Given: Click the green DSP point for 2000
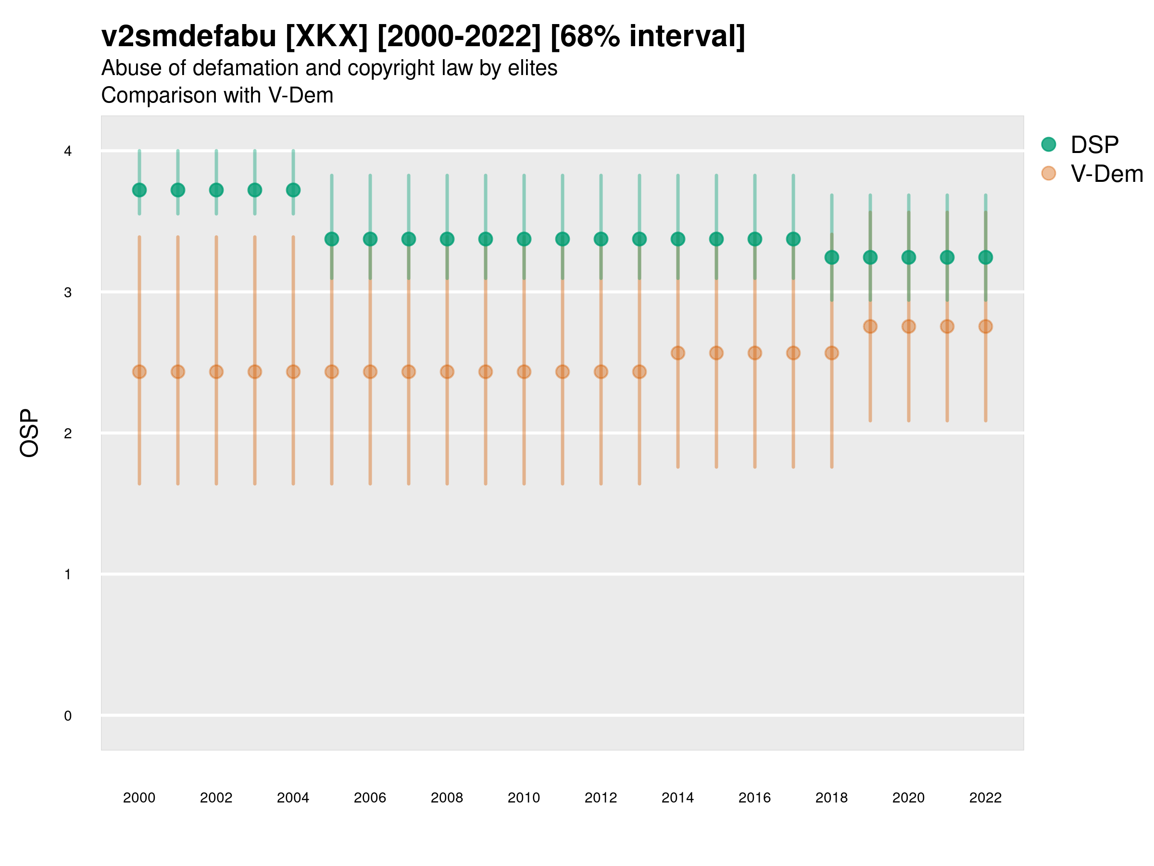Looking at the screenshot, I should click(139, 190).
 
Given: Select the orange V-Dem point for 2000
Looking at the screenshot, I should click(139, 372).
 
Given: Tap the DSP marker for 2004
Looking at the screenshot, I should click(293, 190).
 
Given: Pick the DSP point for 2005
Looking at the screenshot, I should click(332, 239).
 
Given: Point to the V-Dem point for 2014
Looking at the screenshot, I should click(677, 353).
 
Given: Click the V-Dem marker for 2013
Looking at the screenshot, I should click(640, 372).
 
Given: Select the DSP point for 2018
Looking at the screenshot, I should click(831, 257).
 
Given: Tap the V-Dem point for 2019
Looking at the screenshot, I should click(870, 326).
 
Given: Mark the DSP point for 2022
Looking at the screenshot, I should click(986, 257).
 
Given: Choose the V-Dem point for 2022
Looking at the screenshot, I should click(986, 326).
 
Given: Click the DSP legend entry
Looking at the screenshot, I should click(1094, 145).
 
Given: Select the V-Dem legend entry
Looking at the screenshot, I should click(1106, 174).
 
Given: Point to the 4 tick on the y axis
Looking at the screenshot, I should click(68, 152).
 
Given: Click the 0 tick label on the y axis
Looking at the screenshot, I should click(68, 716).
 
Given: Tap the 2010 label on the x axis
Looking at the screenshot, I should click(524, 798).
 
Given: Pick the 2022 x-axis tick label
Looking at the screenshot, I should click(986, 798).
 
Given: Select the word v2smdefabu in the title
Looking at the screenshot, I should click(189, 37).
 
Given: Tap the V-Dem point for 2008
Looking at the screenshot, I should click(447, 372).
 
